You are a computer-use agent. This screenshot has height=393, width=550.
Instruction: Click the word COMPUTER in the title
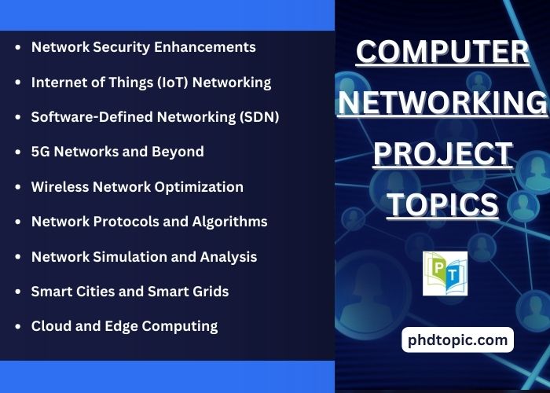[442, 52]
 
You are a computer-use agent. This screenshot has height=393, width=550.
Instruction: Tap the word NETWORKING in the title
[442, 102]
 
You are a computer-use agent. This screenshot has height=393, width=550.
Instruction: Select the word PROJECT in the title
[442, 154]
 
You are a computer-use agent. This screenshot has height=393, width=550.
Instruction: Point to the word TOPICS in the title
[442, 205]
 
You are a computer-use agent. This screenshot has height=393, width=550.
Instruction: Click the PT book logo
[445, 274]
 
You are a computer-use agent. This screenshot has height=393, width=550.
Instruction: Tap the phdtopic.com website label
[458, 340]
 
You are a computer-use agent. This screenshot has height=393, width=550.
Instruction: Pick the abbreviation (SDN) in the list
[259, 117]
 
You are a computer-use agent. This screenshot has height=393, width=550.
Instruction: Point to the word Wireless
[60, 187]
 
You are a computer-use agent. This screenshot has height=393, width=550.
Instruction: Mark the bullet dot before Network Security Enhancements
[18, 47]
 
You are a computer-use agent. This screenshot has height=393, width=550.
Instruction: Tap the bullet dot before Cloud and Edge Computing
[18, 326]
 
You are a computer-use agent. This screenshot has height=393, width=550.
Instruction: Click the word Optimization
[199, 187]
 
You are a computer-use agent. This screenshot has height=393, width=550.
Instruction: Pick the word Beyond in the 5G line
[178, 152]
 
